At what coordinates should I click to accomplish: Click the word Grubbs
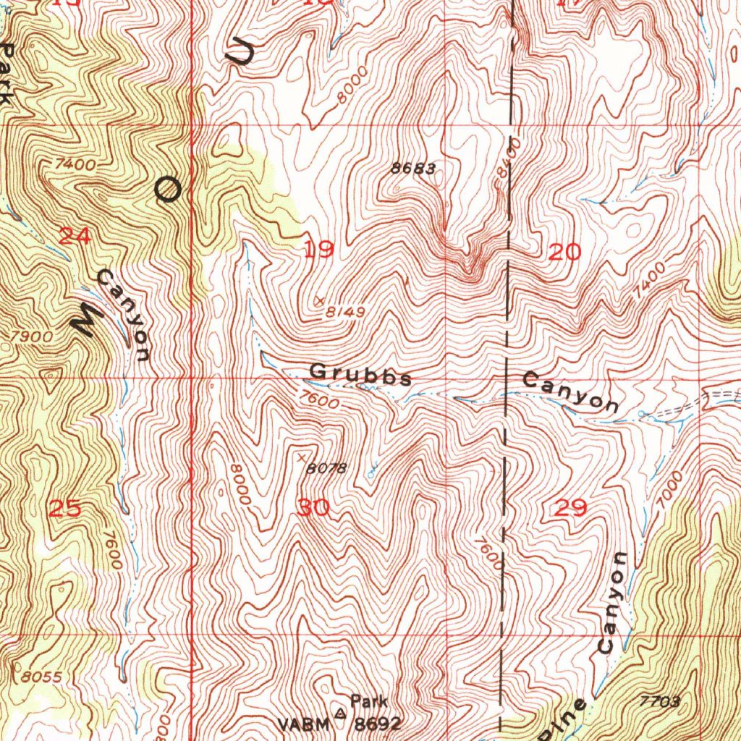click(360, 375)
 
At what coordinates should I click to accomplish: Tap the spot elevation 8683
click(413, 169)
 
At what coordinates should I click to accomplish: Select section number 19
click(318, 250)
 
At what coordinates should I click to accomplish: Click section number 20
click(564, 252)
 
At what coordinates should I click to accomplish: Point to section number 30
click(313, 508)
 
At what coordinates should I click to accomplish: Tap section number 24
click(75, 236)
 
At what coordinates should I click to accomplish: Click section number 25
click(64, 508)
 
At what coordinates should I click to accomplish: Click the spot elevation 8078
click(326, 469)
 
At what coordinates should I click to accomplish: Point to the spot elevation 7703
click(661, 701)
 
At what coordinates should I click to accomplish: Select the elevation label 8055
click(41, 677)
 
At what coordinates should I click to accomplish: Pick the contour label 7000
click(671, 487)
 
